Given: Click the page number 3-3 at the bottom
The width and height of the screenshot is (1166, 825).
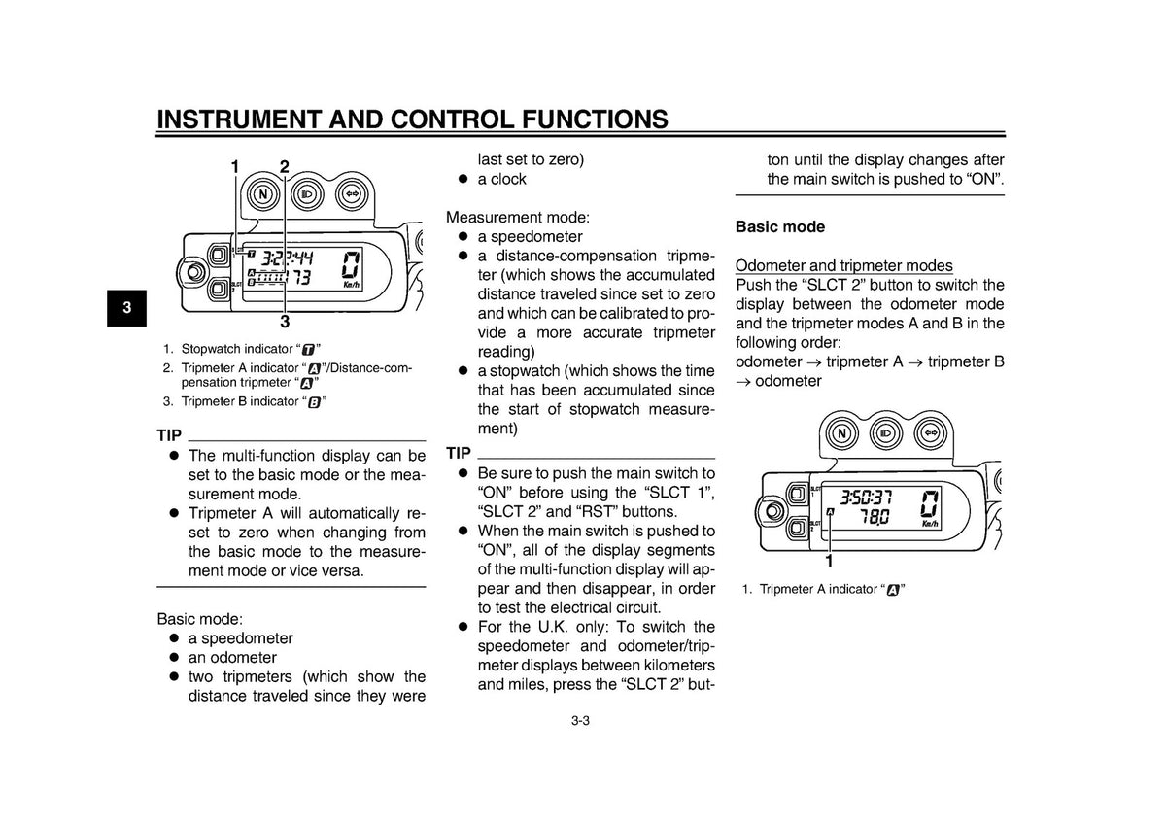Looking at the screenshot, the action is coord(580,721).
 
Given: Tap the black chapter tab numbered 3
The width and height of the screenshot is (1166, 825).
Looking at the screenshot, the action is coord(126,308).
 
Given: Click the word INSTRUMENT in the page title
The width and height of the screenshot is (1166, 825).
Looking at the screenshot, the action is coord(238,120).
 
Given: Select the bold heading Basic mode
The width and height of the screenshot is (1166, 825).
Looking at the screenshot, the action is coord(779,227).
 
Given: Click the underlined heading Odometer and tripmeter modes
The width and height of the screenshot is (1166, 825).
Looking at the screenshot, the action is coord(843,265).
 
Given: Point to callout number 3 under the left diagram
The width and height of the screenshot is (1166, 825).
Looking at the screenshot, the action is coord(284,321).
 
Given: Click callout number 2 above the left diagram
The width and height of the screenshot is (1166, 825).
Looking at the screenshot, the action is coord(284,166).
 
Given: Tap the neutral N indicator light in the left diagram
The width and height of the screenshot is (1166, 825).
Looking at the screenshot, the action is coord(263,194).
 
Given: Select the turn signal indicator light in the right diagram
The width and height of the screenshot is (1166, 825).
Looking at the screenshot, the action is coord(931,433).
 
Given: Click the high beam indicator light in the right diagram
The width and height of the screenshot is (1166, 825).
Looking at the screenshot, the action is coord(886,433).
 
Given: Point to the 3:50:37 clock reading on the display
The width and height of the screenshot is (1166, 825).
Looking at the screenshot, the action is coord(866,498).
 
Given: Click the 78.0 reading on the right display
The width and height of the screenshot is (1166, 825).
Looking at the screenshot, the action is coord(874,517).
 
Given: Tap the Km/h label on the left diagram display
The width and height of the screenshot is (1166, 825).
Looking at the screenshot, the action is coord(352,285).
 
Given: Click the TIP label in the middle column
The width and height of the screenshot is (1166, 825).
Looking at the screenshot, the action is coord(458,453).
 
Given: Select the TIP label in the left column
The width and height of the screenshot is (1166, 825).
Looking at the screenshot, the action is coord(169,435).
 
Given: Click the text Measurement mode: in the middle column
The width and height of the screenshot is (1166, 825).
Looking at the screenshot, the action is coord(518,217).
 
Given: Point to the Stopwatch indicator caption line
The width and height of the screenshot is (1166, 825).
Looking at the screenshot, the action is coord(242,349).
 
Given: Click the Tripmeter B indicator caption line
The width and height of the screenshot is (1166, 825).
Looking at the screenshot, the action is coord(245,402).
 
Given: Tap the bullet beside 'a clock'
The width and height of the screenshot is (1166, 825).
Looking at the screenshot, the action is coord(463,179).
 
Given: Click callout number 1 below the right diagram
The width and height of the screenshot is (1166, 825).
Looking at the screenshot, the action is coord(829,561).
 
